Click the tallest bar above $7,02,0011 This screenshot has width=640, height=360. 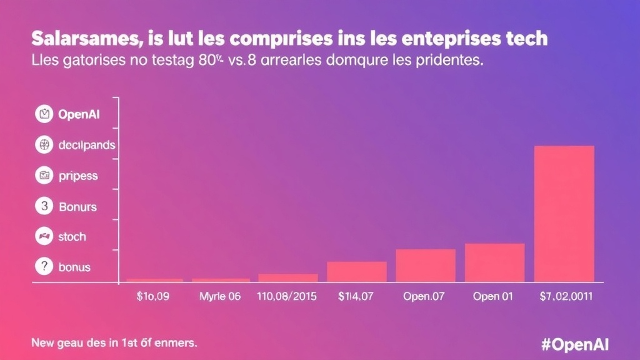(x=564, y=213)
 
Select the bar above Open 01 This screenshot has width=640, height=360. (x=494, y=262)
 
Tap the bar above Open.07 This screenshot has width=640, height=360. (x=425, y=265)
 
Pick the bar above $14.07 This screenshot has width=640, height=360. (x=356, y=271)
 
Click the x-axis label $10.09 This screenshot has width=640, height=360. (x=152, y=297)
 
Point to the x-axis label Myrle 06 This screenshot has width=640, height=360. (x=219, y=297)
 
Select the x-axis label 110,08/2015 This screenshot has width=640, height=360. (x=287, y=297)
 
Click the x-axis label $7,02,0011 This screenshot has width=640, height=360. (x=567, y=297)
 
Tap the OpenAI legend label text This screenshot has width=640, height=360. (x=79, y=114)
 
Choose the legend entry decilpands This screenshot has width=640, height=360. (x=86, y=145)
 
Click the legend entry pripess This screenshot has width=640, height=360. (x=78, y=176)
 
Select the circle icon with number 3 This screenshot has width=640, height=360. (x=44, y=206)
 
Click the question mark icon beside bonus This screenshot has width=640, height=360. (x=44, y=267)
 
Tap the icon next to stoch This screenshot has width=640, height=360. (x=44, y=237)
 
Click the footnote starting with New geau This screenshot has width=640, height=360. (x=114, y=342)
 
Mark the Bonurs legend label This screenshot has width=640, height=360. (x=77, y=206)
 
